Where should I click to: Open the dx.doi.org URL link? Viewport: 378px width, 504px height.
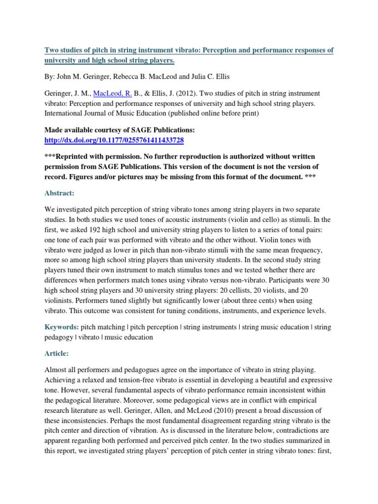click(114, 140)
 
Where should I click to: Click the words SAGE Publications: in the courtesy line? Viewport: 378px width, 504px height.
click(161, 129)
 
